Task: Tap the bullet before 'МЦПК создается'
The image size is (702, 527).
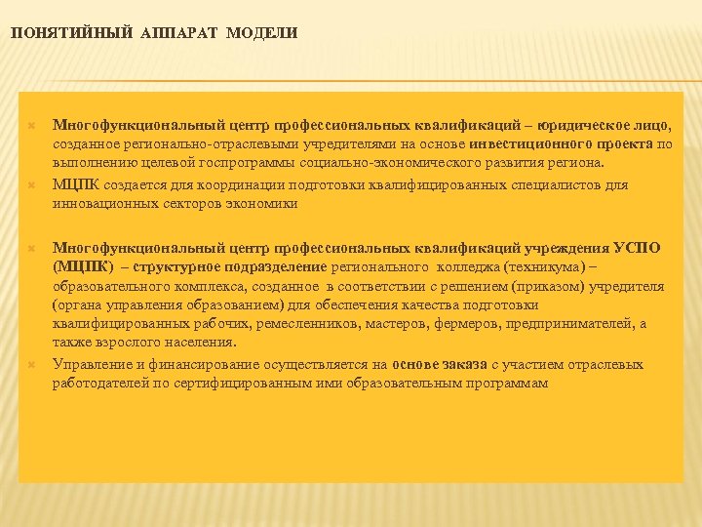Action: tap(31, 184)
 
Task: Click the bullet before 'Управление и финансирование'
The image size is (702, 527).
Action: tap(31, 365)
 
